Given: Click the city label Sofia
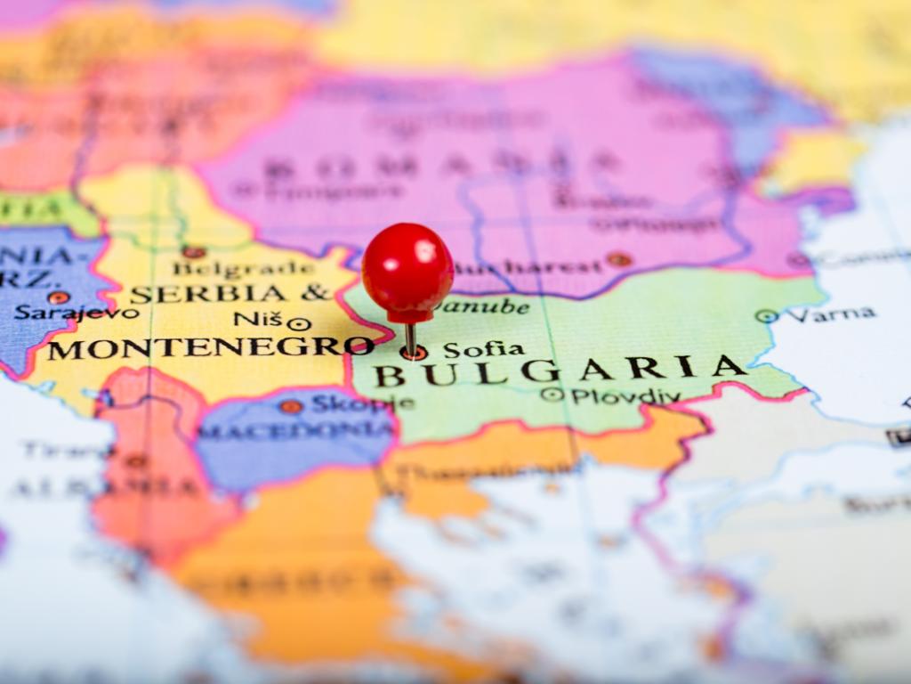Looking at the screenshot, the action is (483, 349).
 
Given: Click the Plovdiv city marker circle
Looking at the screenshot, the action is (552, 394).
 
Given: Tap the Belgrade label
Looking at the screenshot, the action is (243, 268).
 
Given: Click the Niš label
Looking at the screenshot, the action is (257, 319).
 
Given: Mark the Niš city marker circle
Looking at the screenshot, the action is (299, 324).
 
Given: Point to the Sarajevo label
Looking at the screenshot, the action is (77, 313).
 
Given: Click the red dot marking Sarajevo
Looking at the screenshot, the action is (59, 297).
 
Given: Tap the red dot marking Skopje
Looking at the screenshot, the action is (291, 407).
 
